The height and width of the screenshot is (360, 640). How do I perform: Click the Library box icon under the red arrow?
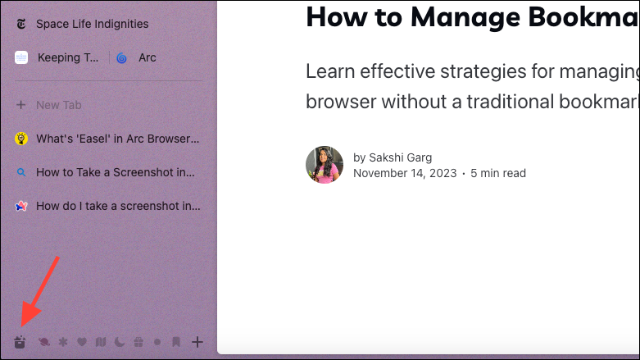point(20,342)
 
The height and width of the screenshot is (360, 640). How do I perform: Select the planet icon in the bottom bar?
point(44,342)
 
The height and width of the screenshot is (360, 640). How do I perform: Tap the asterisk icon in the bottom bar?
point(63,342)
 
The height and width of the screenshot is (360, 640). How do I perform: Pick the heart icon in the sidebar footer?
point(82,342)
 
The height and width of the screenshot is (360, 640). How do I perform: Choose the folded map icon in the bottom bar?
point(101,342)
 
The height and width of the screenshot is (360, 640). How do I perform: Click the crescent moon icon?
point(120,342)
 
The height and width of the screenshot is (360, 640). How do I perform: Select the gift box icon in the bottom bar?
point(138,342)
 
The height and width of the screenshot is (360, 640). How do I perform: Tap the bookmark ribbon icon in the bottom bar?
point(176,342)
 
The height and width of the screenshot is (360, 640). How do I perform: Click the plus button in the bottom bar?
point(197,342)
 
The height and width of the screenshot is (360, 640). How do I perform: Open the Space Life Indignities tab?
point(93,24)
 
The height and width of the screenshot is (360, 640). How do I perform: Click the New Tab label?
point(59,106)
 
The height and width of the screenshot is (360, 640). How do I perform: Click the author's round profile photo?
point(325,165)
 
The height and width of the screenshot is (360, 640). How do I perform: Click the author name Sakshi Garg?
point(401,157)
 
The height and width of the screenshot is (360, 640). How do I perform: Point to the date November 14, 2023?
point(405,173)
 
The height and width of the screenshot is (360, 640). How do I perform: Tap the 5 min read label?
point(498,173)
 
